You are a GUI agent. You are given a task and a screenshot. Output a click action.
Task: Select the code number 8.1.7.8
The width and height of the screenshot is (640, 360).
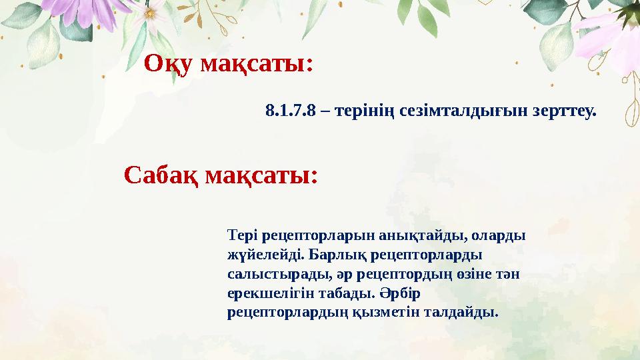coord(290,111)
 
